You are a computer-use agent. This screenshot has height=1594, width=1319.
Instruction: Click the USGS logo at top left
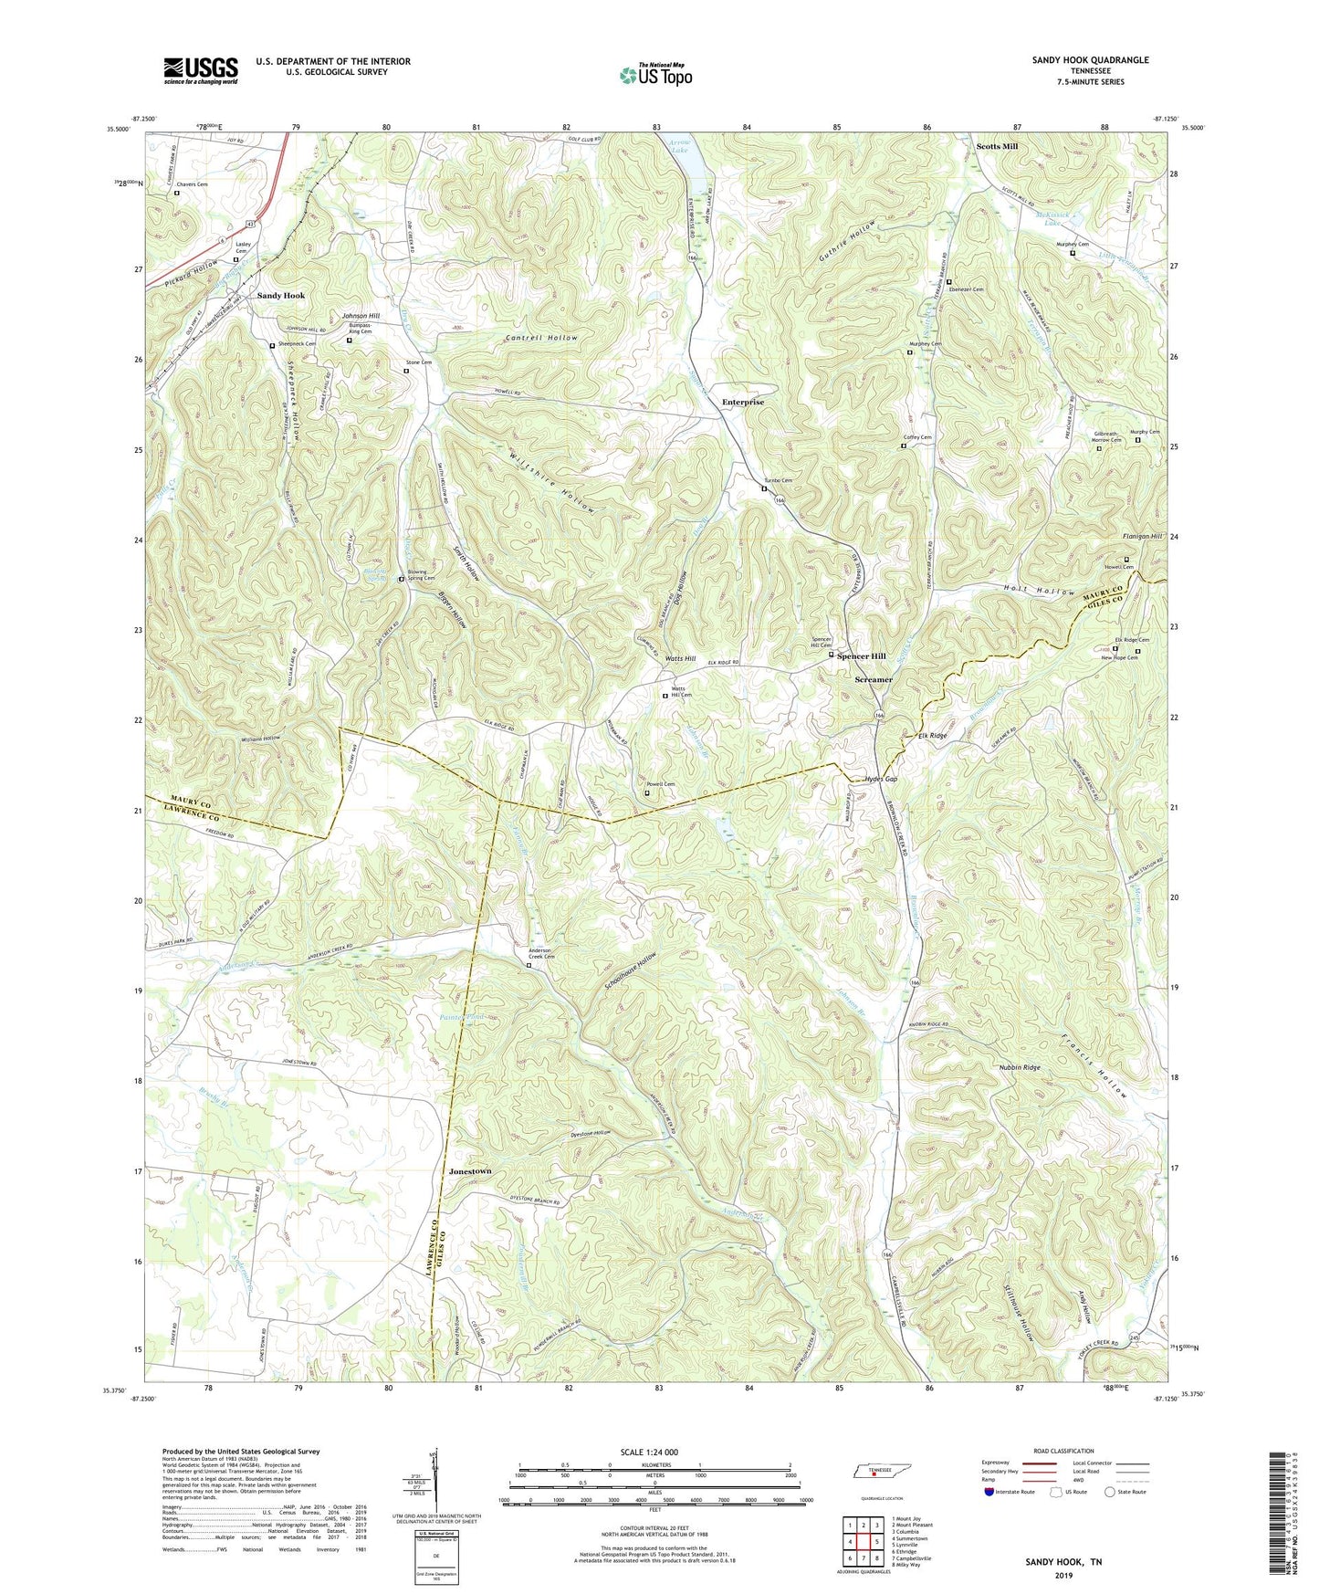201,70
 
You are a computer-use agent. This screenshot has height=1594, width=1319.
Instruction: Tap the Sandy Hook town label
280,296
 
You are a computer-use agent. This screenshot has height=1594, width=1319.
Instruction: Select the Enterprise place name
743,402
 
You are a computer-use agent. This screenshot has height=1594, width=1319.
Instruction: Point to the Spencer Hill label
862,656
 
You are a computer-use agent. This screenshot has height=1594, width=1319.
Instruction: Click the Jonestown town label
470,1171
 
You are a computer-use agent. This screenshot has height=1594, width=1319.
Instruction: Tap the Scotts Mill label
997,146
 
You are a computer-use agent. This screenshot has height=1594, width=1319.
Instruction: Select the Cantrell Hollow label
541,338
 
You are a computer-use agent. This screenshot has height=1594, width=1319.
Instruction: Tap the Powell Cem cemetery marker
647,793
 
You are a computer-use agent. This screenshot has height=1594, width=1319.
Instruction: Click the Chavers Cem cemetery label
192,184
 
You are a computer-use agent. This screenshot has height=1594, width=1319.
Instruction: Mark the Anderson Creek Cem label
542,951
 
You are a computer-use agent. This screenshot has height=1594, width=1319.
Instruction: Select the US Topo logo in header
655,74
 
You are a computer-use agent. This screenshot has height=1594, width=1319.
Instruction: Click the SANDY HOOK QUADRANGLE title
1090,60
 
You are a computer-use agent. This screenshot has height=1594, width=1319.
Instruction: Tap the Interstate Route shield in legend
989,1492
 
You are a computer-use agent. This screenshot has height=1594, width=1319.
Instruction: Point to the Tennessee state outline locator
874,1473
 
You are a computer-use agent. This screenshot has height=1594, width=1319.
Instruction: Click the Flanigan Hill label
1142,537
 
